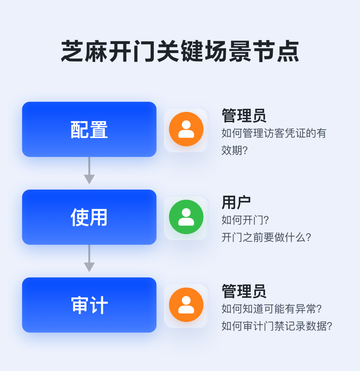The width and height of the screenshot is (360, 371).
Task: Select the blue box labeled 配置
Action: pyautogui.click(x=89, y=129)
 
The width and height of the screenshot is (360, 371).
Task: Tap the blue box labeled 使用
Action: pyautogui.click(x=89, y=217)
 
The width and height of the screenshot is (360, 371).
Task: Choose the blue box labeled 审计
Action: pyautogui.click(x=89, y=305)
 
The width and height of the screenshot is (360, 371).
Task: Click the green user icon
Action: pyautogui.click(x=186, y=217)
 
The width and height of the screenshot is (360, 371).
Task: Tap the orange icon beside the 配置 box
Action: pyautogui.click(x=186, y=129)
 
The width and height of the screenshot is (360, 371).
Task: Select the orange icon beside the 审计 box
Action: pyautogui.click(x=186, y=305)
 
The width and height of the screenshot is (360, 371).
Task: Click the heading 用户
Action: pyautogui.click(x=236, y=202)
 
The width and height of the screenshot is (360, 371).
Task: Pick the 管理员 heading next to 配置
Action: pyautogui.click(x=244, y=115)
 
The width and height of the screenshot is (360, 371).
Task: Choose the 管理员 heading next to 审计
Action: pyautogui.click(x=244, y=291)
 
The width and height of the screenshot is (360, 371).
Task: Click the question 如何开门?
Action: pyautogui.click(x=245, y=220)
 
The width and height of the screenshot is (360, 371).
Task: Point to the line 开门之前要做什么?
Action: pyautogui.click(x=266, y=237)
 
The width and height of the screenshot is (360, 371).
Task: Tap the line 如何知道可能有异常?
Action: pyautogui.click(x=272, y=308)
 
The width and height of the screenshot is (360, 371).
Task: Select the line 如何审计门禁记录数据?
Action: pyautogui.click(x=277, y=326)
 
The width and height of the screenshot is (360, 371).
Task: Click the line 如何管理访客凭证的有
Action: pyautogui.click(x=274, y=133)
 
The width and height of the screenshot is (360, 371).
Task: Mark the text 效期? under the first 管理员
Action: pyautogui.click(x=235, y=150)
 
